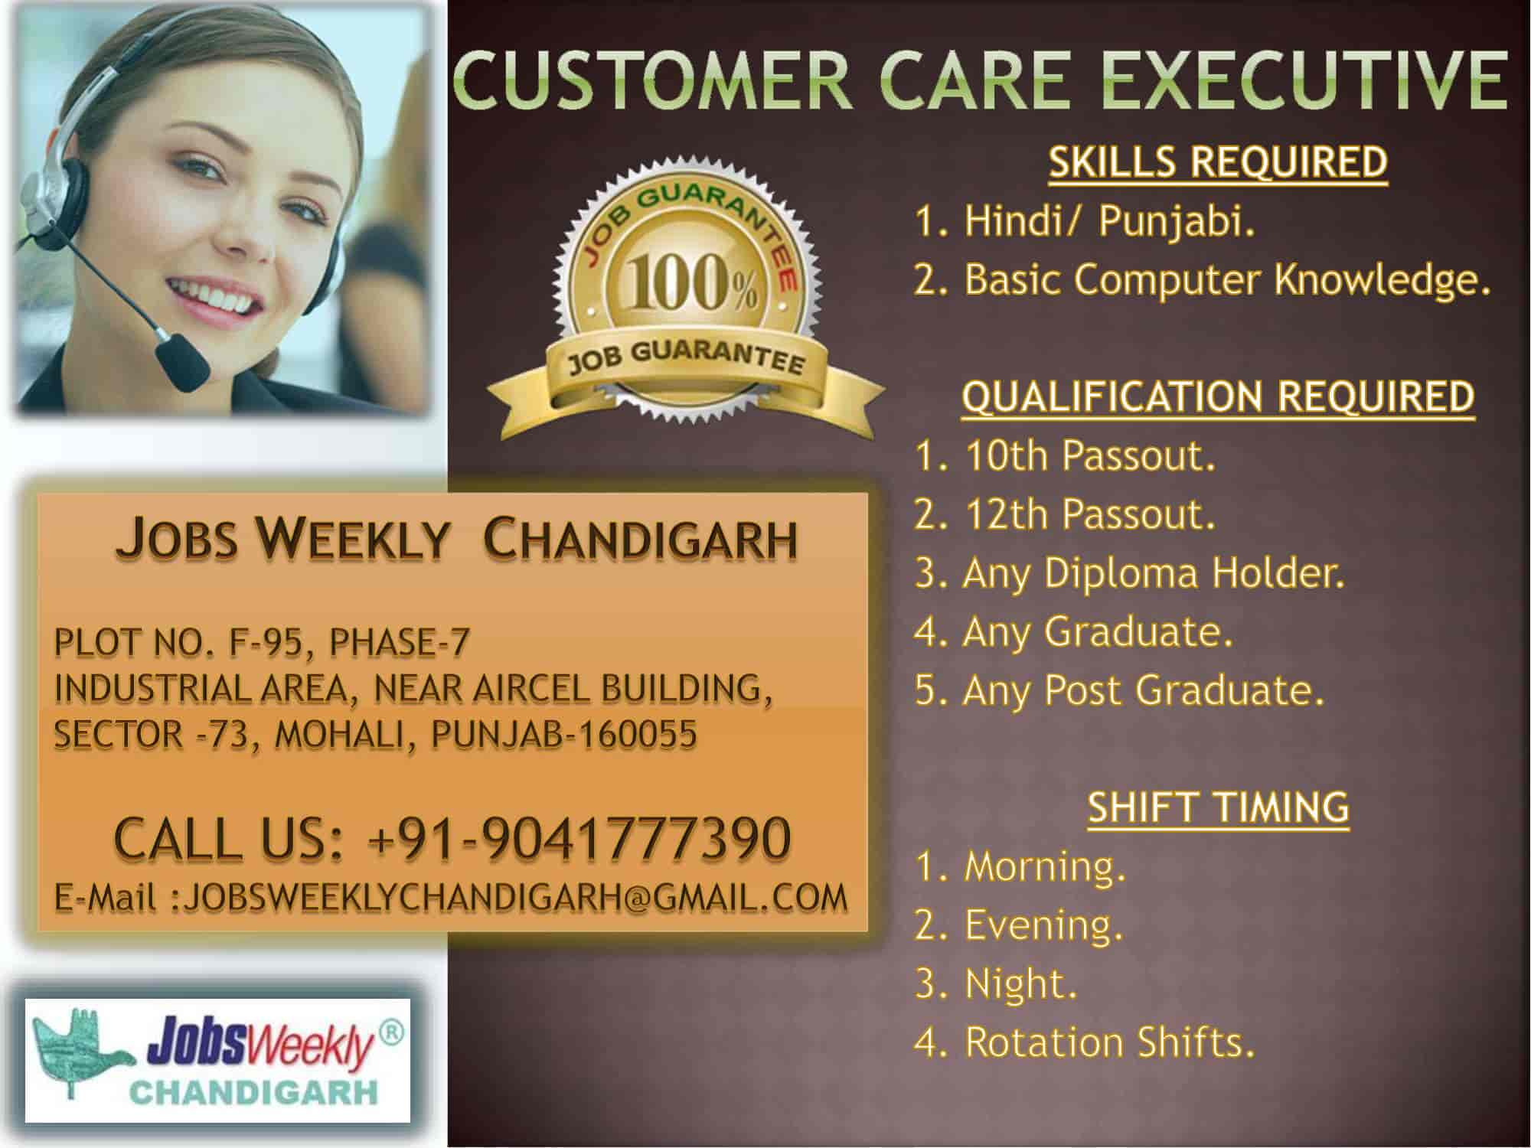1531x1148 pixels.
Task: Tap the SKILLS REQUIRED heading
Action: [1218, 162]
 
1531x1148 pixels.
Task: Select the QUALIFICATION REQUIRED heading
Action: [1218, 397]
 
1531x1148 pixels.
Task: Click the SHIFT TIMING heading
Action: [1218, 807]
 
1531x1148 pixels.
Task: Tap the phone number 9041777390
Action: [636, 839]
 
